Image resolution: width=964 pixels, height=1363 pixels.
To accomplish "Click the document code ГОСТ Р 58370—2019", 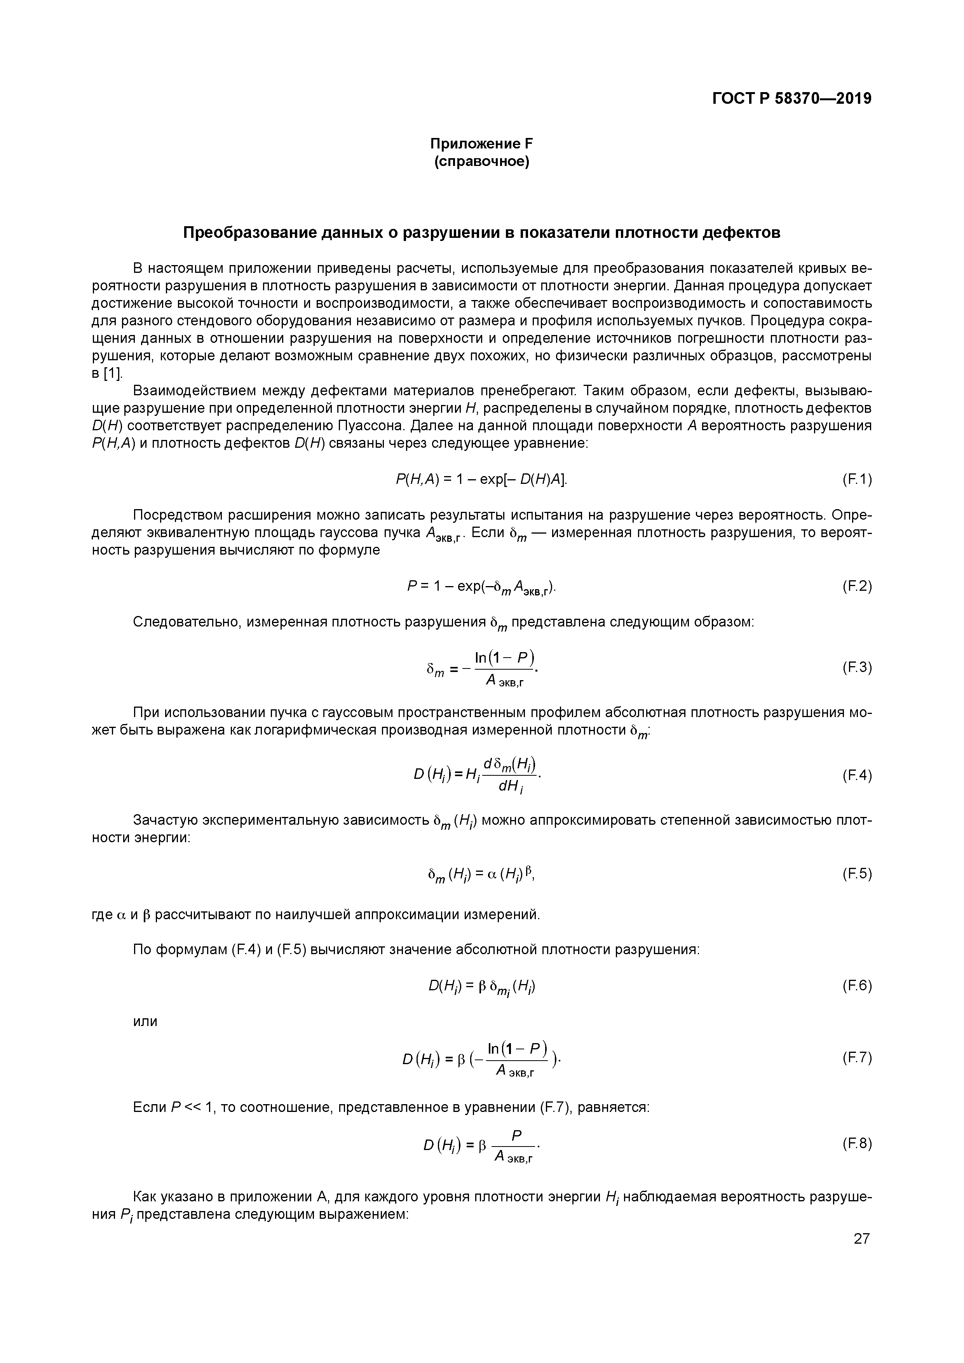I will tap(792, 99).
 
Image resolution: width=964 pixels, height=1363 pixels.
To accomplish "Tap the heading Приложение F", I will tap(481, 144).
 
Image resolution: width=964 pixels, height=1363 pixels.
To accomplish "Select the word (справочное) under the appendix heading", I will tap(481, 161).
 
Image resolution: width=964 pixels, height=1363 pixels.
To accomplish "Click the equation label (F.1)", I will tap(856, 479).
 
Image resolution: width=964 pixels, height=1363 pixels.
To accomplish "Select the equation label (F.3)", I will tap(856, 668).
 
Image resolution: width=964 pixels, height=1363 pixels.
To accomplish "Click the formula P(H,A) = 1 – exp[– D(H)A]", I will tap(481, 479).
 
